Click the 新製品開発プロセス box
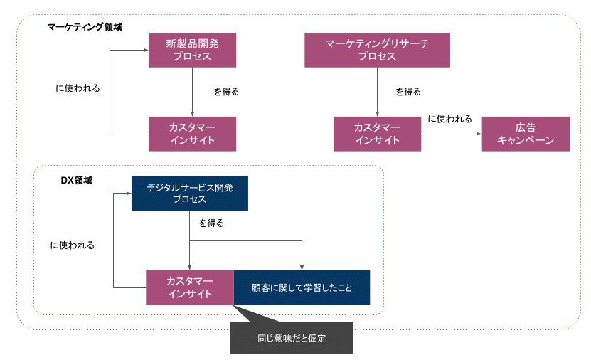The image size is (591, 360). pos(192,50)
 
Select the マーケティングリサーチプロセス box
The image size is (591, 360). pos(377,50)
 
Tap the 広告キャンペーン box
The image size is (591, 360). pos(526,134)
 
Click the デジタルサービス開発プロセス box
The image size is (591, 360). pos(189,194)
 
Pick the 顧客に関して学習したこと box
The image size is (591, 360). pos(302,288)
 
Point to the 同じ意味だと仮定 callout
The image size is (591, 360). pos(291,338)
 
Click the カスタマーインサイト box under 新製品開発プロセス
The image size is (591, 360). pos(192,134)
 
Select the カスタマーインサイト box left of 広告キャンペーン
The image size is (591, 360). pos(377,134)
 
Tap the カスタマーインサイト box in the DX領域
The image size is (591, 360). pos(189,288)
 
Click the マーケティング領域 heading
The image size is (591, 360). pos(85,26)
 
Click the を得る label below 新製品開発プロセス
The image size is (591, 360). pos(226,92)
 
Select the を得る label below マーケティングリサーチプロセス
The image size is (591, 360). pos(408,92)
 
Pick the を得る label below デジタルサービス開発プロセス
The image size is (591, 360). pos(211,223)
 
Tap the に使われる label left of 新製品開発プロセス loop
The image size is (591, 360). pos(78,89)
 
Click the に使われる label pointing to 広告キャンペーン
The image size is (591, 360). pos(449,119)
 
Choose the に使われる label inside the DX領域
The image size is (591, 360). pos(72,245)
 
